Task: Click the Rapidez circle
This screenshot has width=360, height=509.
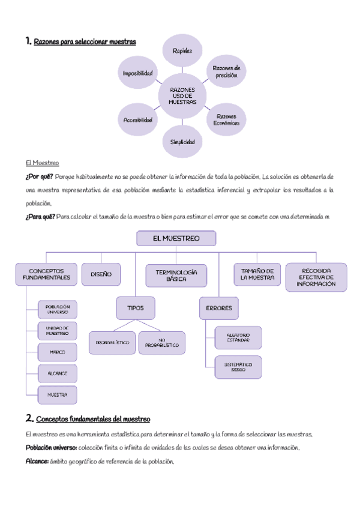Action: point(182,51)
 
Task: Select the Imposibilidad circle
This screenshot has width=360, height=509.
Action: point(138,73)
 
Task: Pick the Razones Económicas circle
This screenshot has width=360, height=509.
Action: point(226,119)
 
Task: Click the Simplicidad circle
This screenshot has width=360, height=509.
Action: point(182,142)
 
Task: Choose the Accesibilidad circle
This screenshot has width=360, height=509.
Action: point(138,119)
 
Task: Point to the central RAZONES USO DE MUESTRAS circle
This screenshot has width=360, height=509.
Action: point(182,96)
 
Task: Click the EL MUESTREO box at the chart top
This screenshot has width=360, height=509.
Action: point(176,238)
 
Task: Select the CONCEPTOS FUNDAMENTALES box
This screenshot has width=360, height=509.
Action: point(46,274)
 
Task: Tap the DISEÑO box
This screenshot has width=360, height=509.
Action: point(101,274)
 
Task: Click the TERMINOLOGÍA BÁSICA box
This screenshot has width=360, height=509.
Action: point(176,276)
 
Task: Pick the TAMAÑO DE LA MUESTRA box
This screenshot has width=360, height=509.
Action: point(257,274)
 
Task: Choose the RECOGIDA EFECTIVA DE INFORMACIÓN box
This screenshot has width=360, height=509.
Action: point(316,277)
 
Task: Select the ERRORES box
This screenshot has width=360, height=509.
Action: point(218,308)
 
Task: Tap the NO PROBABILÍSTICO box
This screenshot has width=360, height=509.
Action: point(161,343)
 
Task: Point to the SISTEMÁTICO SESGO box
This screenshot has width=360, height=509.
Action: point(238,367)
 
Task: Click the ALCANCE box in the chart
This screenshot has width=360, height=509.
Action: point(58,373)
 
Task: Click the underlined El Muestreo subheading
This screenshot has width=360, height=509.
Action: point(42,163)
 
